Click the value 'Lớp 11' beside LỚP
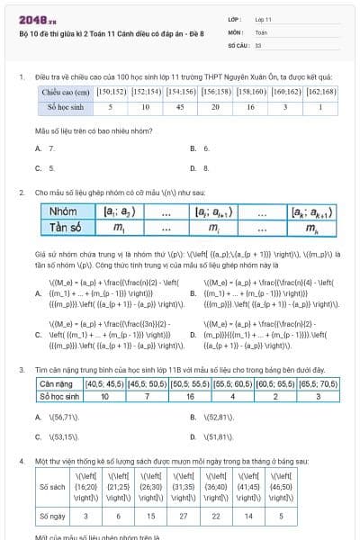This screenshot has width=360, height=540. click(264, 18)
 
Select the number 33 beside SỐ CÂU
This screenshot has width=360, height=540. click(258, 43)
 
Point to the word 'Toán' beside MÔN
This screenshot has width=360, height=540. click(261, 31)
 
